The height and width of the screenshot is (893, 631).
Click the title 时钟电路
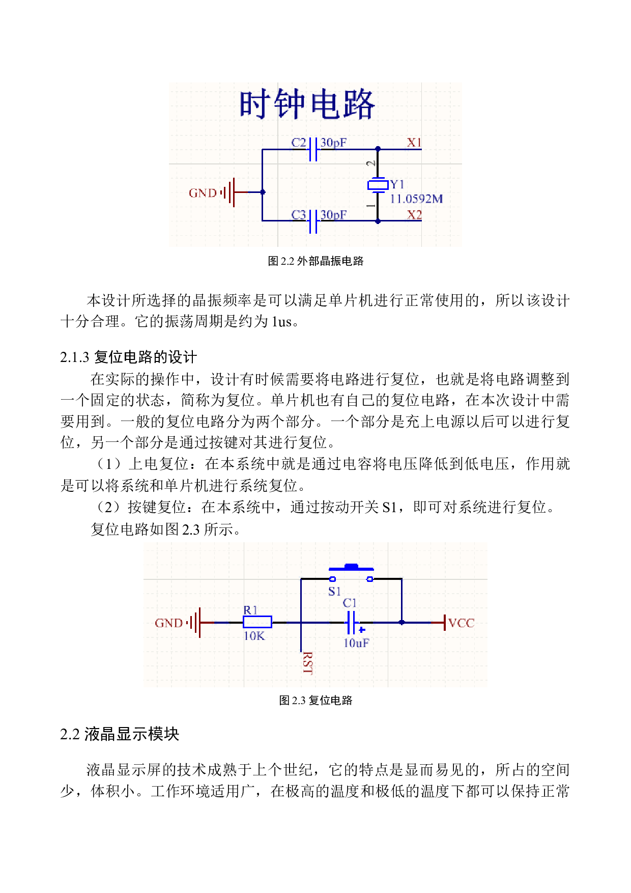(307, 105)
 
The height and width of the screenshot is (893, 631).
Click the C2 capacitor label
(299, 143)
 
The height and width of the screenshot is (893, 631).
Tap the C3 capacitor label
(299, 215)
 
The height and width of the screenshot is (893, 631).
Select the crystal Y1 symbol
(378, 185)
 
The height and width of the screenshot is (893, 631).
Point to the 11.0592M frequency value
(416, 199)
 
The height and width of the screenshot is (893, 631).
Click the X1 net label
(414, 143)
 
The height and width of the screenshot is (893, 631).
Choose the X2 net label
(414, 215)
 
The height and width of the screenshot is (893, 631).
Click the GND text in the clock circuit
(203, 193)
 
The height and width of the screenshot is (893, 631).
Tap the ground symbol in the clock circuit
(231, 192)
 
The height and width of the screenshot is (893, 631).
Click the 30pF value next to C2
(333, 143)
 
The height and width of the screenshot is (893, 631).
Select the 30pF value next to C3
(333, 215)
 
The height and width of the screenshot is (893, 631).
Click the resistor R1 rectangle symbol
(257, 622)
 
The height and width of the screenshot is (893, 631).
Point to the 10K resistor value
(254, 636)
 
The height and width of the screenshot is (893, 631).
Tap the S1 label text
(334, 592)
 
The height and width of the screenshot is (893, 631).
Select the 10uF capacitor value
(356, 643)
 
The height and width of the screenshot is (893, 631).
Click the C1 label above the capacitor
(350, 603)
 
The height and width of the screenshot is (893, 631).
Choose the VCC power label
(461, 623)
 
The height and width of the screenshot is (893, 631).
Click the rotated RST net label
(307, 663)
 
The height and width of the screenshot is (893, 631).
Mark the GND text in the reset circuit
(168, 623)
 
